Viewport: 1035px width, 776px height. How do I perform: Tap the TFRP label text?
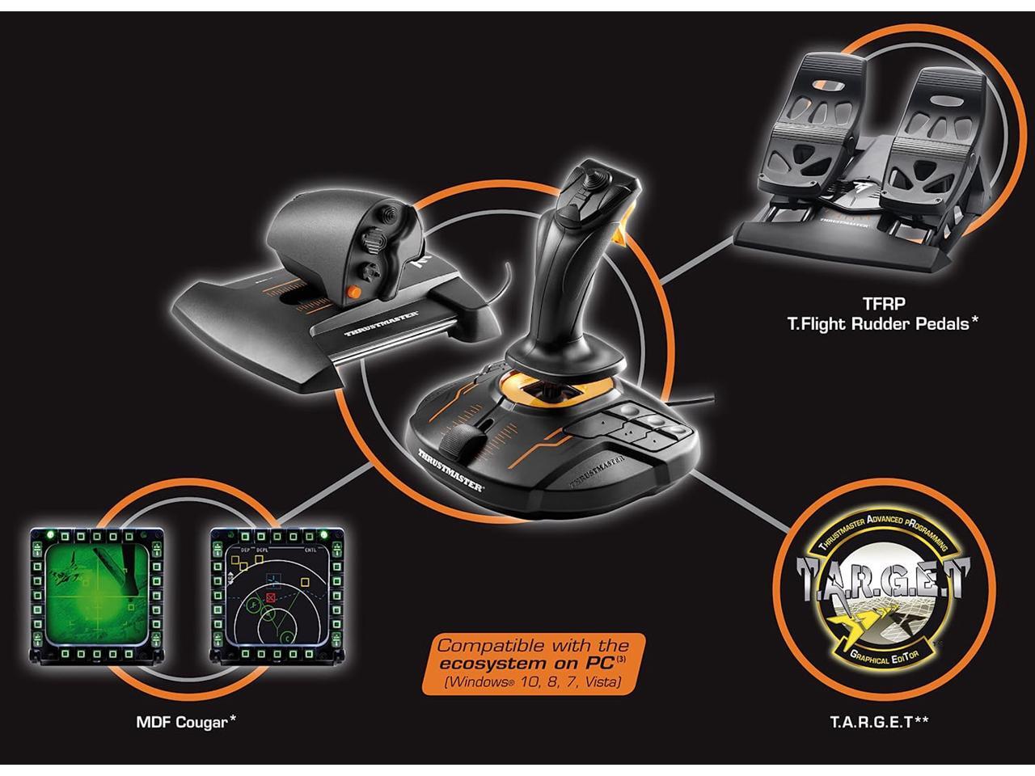pos(882,304)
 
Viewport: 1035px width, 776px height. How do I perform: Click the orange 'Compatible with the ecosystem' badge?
pos(534,664)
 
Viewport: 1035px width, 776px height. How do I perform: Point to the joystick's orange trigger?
pos(622,234)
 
